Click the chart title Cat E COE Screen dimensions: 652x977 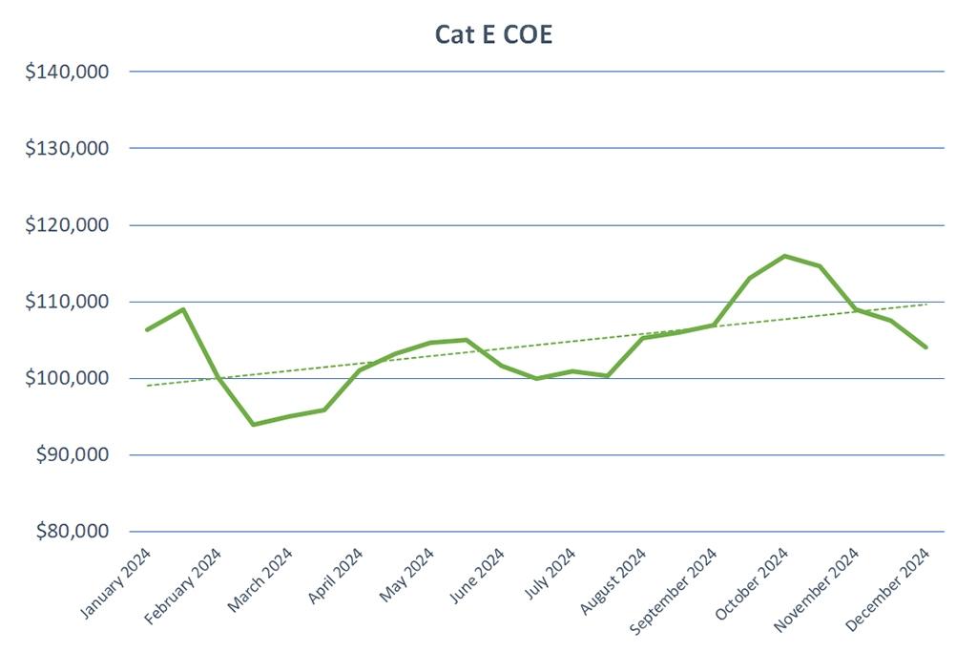click(493, 34)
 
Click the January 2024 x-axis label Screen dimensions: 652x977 click(117, 584)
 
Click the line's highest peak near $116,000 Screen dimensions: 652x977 click(784, 256)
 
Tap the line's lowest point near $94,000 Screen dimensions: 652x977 click(253, 424)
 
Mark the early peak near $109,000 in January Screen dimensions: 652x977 click(183, 309)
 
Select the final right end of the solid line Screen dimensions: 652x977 click(925, 347)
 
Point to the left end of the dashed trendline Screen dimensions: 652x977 click(148, 386)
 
